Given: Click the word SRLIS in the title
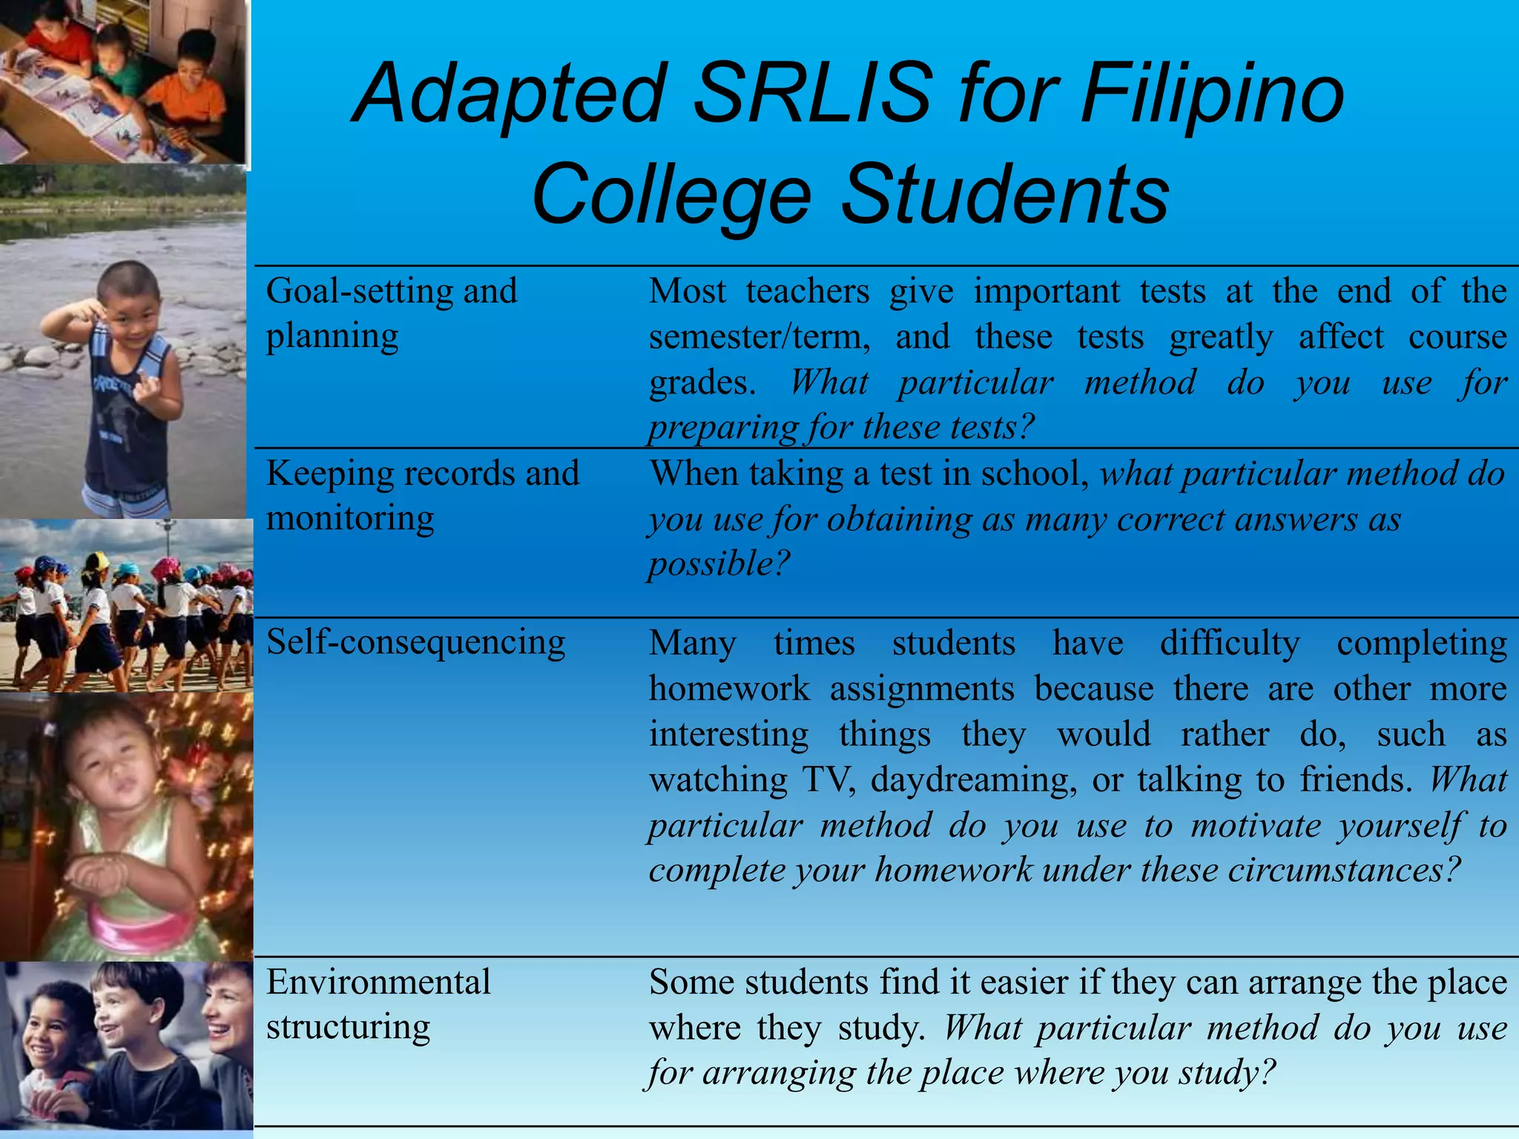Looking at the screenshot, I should [x=811, y=94].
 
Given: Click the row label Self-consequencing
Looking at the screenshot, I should [x=415, y=642].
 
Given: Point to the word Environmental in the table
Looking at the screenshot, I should [x=378, y=983].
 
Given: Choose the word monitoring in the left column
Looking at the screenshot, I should [x=350, y=518].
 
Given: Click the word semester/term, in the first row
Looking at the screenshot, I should [x=759, y=337].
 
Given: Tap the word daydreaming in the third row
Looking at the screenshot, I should [x=974, y=780].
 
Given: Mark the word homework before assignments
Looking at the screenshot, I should [x=729, y=689].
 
